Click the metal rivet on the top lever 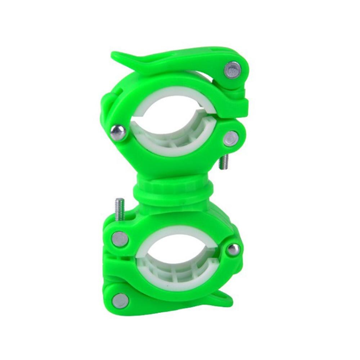(232, 69)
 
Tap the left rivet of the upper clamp (118, 132)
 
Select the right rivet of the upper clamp (230, 139)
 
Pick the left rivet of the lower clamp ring (120, 239)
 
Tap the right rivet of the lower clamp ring (233, 249)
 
